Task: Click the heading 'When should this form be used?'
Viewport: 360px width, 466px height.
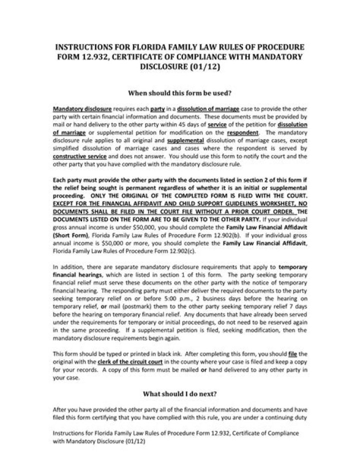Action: [180, 93]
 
